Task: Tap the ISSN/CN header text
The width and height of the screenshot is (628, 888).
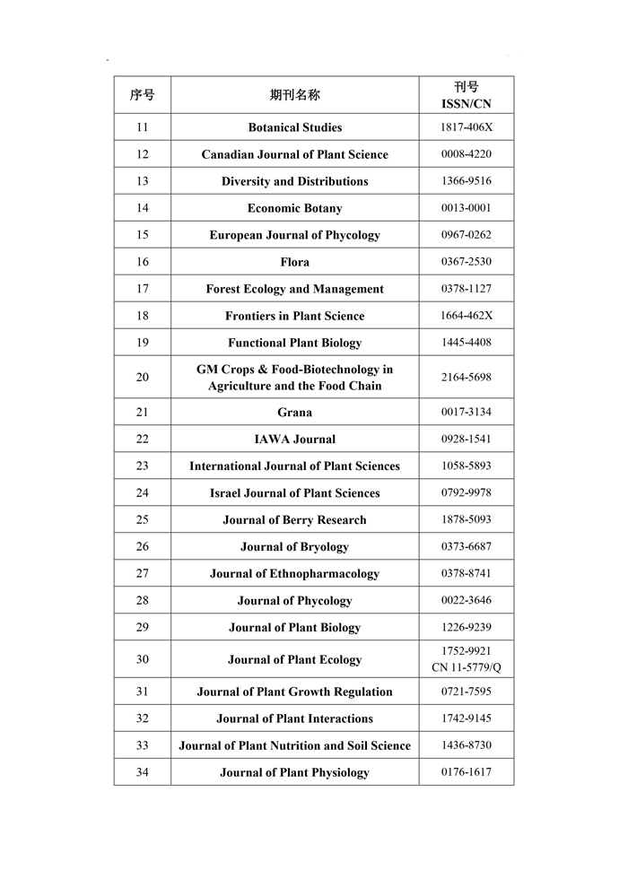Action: coord(466,104)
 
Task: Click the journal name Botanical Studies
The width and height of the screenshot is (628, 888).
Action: coord(294,127)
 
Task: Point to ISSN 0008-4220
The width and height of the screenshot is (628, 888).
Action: coord(466,154)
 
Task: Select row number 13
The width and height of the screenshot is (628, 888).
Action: coord(142,181)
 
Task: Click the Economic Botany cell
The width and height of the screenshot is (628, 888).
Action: coord(294,208)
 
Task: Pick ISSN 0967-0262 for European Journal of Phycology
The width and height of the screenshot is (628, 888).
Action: coord(466,235)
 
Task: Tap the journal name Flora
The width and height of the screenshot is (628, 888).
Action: coord(294,262)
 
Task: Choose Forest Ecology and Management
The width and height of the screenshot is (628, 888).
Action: coord(294,289)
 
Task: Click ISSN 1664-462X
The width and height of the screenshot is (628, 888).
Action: coord(466,316)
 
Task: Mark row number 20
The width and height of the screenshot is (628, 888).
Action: coord(142,378)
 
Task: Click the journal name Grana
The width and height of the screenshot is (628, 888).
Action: coord(294,413)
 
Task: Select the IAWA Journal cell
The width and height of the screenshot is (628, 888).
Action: coord(294,440)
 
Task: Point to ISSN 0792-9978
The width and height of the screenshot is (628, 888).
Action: coord(466,492)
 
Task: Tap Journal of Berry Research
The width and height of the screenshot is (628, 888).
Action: coord(294,519)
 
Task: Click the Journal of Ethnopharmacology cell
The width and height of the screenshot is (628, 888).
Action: coord(294,573)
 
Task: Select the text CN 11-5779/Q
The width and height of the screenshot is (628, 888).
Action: coord(466,667)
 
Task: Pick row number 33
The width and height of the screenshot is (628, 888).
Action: coord(142,745)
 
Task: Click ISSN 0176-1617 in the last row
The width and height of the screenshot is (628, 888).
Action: coord(466,772)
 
